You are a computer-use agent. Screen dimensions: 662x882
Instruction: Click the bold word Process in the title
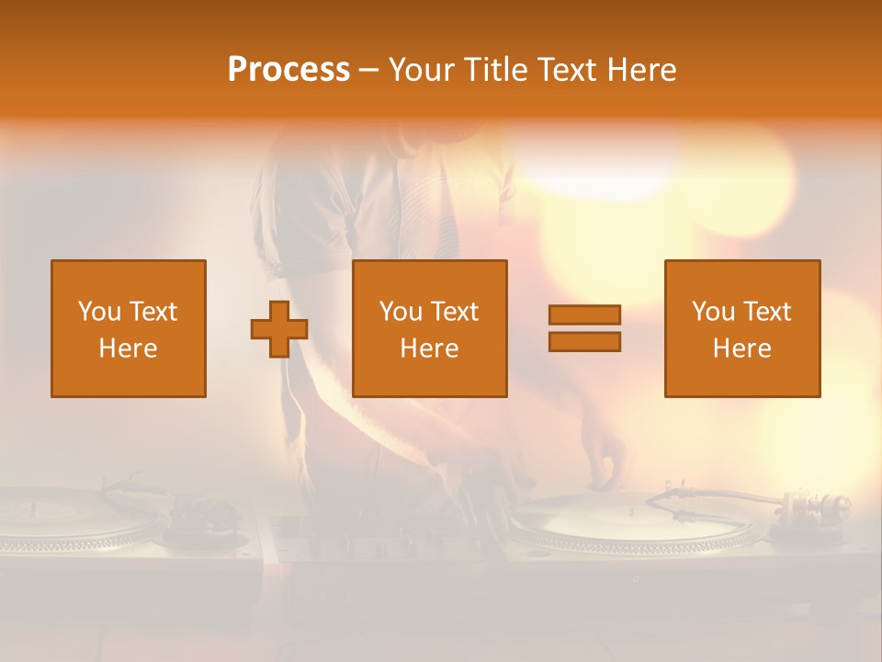click(x=288, y=70)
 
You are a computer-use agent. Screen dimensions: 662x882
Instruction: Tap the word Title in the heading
click(x=498, y=70)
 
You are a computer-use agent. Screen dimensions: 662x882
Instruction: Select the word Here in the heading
click(x=642, y=70)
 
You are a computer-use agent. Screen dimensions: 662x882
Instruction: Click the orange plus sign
click(x=279, y=329)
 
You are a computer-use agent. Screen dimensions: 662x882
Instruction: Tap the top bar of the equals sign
click(x=584, y=315)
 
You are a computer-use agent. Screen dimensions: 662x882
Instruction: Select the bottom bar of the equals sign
click(x=584, y=341)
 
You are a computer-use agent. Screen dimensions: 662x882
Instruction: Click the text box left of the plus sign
click(x=129, y=328)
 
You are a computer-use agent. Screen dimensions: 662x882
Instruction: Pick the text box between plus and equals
click(x=430, y=328)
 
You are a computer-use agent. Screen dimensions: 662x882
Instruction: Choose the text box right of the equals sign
click(x=742, y=328)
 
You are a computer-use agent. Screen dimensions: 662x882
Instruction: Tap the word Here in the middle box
click(x=430, y=348)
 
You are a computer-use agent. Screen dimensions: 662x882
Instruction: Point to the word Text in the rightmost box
click(x=768, y=312)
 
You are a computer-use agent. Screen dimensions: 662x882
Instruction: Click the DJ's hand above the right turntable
click(x=602, y=460)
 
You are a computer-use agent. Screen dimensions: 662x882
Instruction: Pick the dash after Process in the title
click(x=368, y=70)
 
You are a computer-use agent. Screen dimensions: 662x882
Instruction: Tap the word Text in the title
click(x=566, y=70)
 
